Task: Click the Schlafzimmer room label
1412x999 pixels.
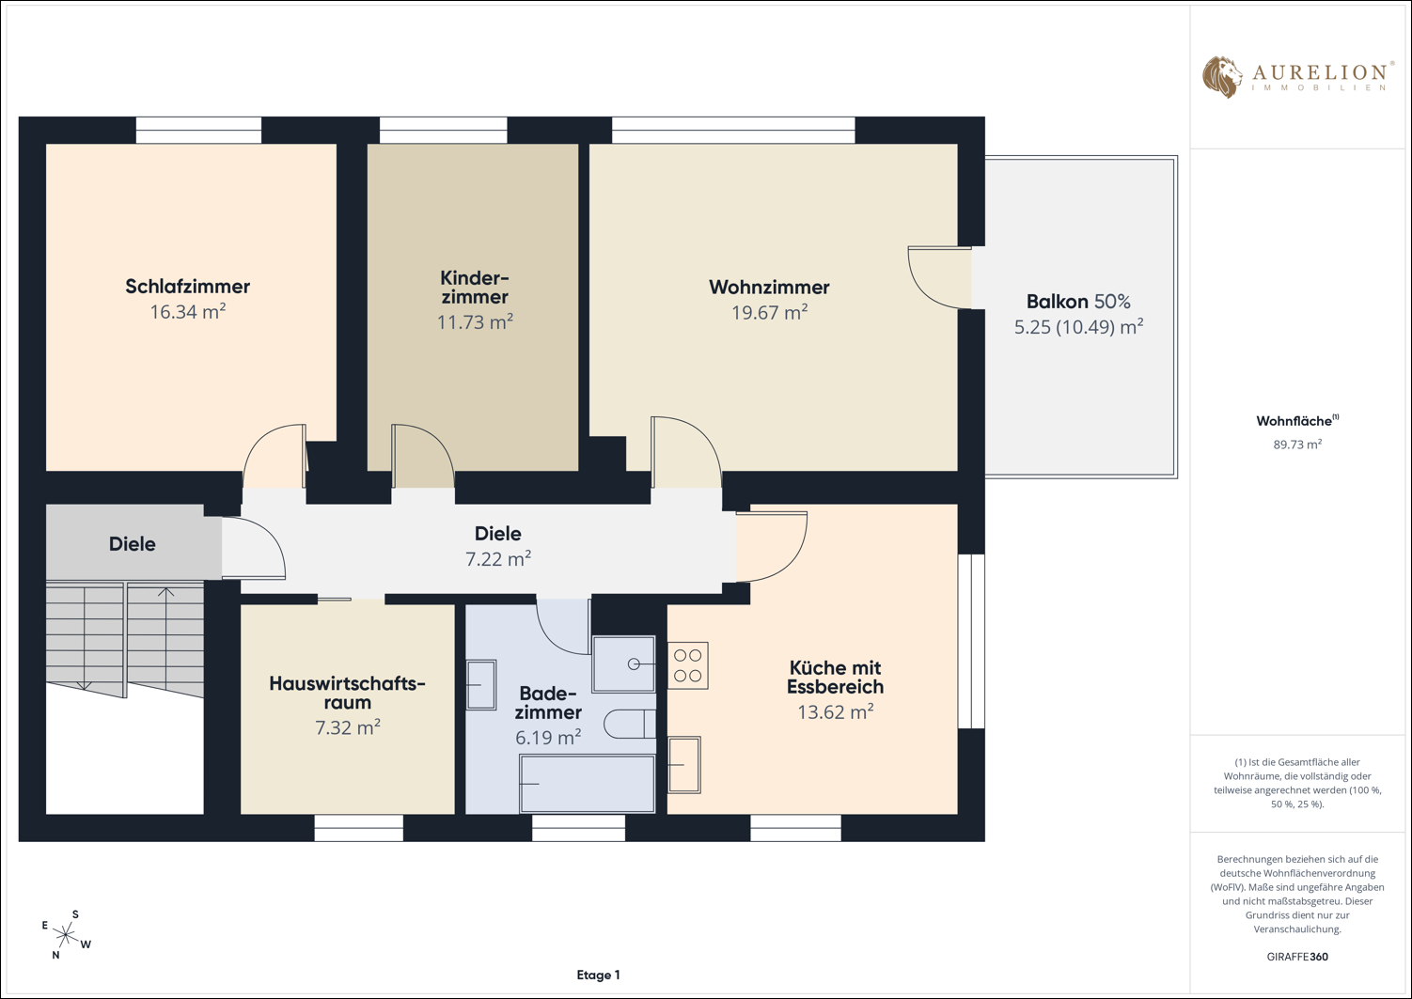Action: pos(187,286)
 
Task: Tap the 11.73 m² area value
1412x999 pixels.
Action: pos(475,322)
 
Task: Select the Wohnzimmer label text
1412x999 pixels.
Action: pos(769,288)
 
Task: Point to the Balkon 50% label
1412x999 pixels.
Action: pos(1078,302)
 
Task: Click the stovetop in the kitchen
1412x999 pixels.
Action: pos(688,665)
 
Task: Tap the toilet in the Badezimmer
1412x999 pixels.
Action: pos(630,724)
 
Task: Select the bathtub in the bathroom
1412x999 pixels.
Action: pos(587,784)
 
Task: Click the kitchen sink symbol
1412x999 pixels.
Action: pos(684,765)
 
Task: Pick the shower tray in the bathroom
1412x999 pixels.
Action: pos(623,663)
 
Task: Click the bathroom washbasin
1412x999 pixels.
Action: pos(481,684)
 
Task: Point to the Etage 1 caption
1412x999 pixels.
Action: pos(598,976)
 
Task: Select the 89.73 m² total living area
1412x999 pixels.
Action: pos(1297,445)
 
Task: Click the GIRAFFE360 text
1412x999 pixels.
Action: pos(1297,956)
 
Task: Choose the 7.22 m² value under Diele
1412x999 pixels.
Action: pos(498,559)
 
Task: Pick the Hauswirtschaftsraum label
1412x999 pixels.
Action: pos(347,693)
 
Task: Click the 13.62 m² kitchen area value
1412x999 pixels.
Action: pos(835,712)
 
